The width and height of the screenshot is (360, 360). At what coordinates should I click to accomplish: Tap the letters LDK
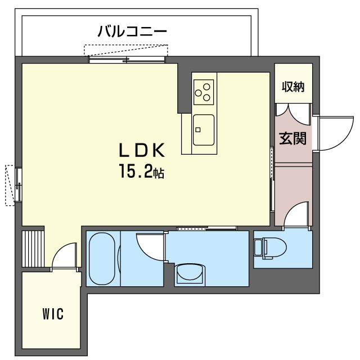(141, 151)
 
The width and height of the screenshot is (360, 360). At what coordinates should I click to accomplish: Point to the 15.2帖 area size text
(141, 172)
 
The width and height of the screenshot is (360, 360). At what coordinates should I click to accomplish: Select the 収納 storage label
(293, 87)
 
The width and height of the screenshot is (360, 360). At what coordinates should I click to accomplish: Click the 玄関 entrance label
(293, 138)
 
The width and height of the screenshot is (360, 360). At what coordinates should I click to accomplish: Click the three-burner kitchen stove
(204, 91)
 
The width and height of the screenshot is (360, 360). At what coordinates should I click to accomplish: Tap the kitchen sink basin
(203, 129)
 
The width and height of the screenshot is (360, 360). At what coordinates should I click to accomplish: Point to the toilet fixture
(268, 247)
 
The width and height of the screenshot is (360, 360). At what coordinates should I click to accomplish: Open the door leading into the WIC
(63, 256)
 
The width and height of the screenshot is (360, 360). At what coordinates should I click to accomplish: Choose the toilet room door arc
(296, 217)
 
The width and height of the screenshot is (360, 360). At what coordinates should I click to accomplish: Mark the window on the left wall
(18, 184)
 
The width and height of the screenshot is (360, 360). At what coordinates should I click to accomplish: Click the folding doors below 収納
(292, 112)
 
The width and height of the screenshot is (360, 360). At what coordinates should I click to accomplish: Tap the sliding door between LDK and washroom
(206, 228)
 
